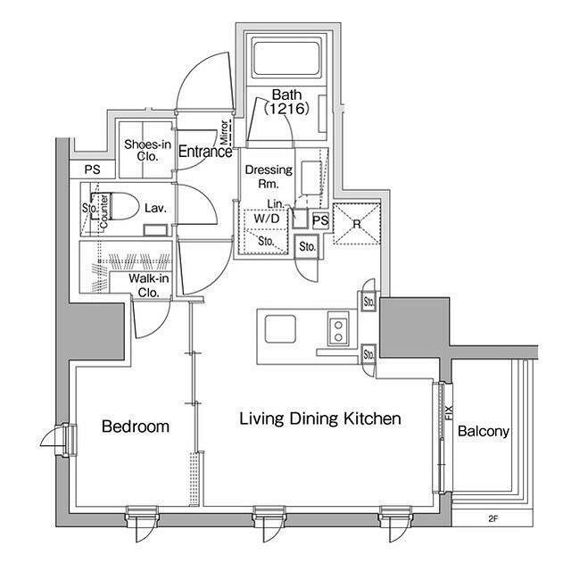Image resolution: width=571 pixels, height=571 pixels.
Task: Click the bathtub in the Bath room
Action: pos(286,60)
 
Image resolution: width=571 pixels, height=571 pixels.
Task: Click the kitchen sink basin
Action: pos(280,329)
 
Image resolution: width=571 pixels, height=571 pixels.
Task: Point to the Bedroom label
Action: pos(136,426)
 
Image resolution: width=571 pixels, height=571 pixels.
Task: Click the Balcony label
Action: pos(484,431)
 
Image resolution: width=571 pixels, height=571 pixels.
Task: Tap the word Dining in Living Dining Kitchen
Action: pos(314,418)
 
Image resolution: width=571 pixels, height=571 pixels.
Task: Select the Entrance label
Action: pos(205,152)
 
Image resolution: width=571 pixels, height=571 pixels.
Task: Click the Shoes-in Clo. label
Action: pos(147,150)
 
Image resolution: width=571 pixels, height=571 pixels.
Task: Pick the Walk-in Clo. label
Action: pos(149,285)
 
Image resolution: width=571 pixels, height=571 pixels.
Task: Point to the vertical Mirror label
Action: pos(224,132)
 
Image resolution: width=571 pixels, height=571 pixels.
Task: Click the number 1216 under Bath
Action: pos(286,109)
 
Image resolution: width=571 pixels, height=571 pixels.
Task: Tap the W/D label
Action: pos(267,219)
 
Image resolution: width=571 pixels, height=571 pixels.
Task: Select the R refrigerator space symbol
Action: pos(357,224)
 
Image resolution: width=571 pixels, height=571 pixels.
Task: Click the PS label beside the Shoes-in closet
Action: pos(93,170)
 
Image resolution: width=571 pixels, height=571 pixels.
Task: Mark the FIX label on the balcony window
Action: pos(449,412)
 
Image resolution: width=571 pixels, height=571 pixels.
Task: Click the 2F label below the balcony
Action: pos(492,519)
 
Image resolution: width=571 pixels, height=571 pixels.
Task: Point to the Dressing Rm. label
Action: pos(269,177)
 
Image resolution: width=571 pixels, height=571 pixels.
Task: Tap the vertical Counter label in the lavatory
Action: pos(103,211)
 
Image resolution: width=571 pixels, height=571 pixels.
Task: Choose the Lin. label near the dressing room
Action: pos(276,204)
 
